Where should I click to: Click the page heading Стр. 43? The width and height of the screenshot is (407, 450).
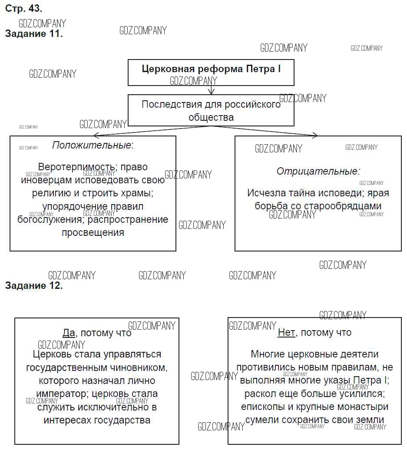coord(23,8)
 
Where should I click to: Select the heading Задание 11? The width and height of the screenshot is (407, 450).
coord(34,34)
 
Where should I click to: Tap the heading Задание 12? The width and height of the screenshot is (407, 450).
coord(34,285)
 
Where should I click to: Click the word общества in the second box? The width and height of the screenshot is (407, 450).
coord(211,117)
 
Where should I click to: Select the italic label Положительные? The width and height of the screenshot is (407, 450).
coord(92,145)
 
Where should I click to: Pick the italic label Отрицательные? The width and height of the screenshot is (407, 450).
coord(318,171)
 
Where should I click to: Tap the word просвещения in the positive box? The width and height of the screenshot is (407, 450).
coord(93,232)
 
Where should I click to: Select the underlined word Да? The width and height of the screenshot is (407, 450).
coord(69,333)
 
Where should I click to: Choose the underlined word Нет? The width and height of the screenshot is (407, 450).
coord(286,333)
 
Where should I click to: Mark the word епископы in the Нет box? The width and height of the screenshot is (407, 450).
coord(261,407)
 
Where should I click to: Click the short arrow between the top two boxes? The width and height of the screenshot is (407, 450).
coord(211,90)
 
